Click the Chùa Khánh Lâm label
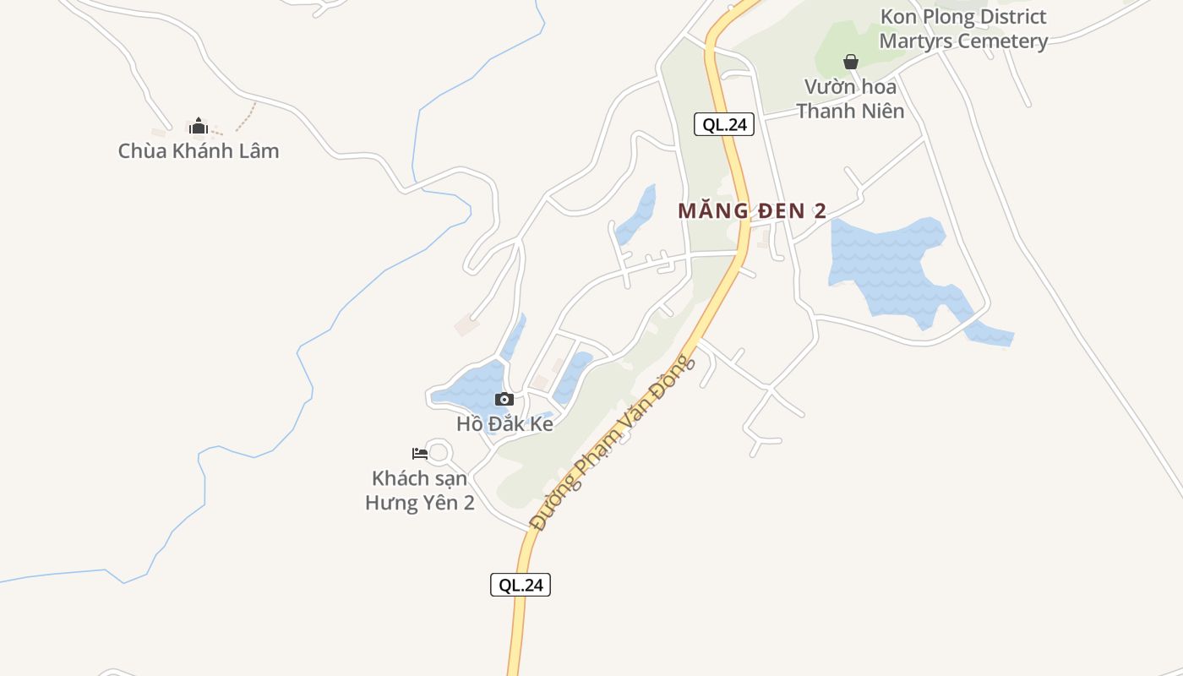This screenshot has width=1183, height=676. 199,151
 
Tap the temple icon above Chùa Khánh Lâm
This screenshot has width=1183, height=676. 199,127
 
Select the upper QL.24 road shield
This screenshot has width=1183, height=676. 724,124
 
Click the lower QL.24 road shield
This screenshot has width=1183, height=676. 521,585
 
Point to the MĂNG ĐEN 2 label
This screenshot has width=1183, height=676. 752,211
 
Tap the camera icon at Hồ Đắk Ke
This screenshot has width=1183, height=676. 504,399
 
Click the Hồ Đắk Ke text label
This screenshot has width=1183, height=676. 504,424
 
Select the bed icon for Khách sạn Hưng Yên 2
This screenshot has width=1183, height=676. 419,453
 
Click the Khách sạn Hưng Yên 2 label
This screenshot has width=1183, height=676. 419,490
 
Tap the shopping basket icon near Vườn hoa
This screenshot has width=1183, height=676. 851,62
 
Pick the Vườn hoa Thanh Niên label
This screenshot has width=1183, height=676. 850,99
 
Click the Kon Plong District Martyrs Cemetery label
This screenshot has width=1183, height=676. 963,29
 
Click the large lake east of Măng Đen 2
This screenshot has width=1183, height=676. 887,262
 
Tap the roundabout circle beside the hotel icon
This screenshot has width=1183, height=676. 438,452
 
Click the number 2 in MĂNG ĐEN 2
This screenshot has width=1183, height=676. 820,211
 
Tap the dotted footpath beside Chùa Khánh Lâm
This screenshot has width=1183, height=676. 246,117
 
